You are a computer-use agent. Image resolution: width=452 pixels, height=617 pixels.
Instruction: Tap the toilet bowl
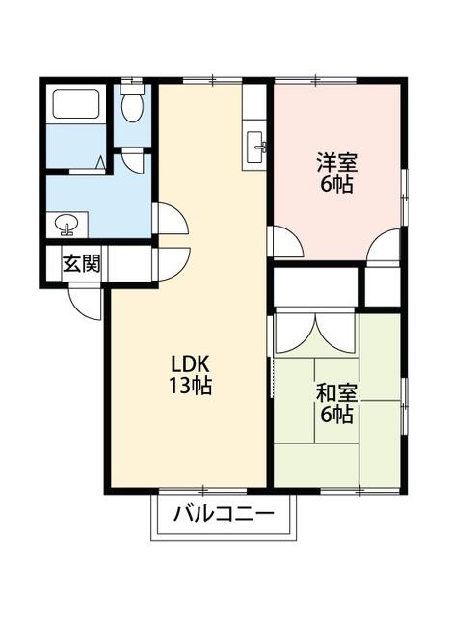coord(132,108)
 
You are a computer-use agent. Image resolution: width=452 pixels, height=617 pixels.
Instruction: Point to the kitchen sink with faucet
coord(257,148)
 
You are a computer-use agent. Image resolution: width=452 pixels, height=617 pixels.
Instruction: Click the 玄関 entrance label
coord(82,264)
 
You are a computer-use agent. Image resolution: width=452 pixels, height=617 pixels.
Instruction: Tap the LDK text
coord(191,365)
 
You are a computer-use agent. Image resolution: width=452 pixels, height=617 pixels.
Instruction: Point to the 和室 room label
coord(336,393)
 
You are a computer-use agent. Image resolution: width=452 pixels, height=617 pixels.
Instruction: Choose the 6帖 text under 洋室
coord(336,183)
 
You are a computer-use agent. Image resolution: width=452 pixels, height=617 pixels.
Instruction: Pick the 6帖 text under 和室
coord(336,416)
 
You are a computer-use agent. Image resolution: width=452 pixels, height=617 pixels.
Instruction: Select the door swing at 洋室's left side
coord(286,241)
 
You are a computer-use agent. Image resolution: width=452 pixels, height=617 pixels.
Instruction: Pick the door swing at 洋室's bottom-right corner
coord(385,247)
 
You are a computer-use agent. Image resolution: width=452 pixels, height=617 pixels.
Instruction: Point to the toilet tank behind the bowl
coord(132,89)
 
